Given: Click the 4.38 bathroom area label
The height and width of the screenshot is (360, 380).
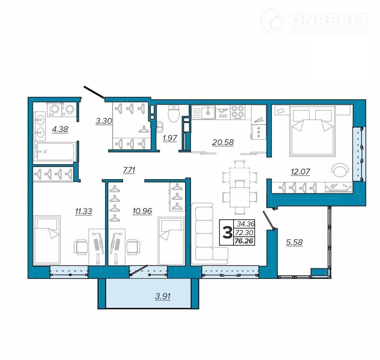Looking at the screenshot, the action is pos(60,129).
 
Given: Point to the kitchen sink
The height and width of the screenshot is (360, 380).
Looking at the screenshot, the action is pos(203,112).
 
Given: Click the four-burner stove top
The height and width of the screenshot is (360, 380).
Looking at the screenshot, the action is pos(237,112).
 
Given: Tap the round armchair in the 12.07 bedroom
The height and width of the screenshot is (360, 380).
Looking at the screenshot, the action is pos(340,170).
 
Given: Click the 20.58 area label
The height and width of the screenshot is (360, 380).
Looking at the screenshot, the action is pos(223,142).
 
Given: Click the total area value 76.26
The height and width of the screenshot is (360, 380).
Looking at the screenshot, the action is pos(244,241).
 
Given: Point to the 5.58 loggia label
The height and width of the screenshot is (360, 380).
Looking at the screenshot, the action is pos(294,242).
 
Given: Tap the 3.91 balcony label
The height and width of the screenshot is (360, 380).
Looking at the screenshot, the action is pos(163,296).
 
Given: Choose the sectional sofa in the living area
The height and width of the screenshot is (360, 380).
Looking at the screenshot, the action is pos(209,234).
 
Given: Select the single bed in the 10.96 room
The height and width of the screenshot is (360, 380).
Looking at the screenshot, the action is pos(171,241).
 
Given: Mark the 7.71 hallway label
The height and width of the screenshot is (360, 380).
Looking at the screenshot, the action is pos(129,170).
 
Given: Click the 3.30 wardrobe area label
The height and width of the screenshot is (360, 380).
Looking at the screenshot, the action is pos(104,121).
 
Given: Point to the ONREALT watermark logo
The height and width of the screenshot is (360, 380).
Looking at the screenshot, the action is pos(315,22).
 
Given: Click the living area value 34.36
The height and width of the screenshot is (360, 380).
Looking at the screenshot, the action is pos(246,224).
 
